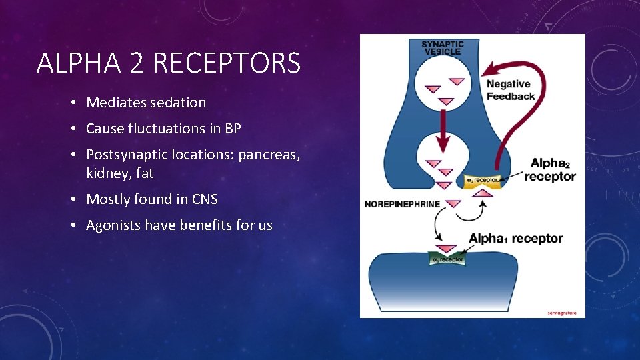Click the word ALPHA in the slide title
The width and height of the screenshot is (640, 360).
tap(75, 64)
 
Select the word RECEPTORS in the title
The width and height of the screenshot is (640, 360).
tap(227, 64)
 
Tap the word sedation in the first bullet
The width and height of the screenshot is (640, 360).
tap(178, 103)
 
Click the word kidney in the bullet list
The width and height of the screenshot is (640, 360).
tap(107, 173)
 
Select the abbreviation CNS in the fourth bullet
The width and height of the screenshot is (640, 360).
tap(204, 199)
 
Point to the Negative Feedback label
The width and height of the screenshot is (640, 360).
tap(510, 90)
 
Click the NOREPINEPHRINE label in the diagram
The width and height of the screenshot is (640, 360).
tap(402, 203)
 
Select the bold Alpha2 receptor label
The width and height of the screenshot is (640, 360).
tap(550, 170)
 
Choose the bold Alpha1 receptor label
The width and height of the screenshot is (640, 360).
tap(515, 238)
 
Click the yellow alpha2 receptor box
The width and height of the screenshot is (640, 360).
tap(481, 179)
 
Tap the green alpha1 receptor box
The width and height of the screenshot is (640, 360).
tap(446, 259)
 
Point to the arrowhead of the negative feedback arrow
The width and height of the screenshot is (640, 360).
tap(490, 69)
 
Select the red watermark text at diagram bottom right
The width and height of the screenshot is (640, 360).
tap(561, 312)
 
